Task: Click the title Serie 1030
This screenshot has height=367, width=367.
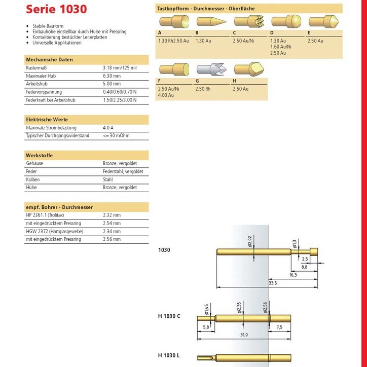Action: click(56, 9)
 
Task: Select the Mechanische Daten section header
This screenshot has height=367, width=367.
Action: click(49, 60)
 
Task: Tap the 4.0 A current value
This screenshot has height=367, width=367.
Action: click(108, 128)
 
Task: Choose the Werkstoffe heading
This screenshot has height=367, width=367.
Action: click(39, 155)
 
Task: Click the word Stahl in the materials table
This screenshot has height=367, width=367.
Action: click(107, 179)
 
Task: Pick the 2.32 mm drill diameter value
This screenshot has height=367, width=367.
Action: click(112, 215)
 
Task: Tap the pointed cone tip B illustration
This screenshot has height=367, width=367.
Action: click(208, 21)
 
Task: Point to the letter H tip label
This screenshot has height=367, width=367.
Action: click(235, 81)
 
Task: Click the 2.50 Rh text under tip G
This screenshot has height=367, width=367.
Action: click(204, 89)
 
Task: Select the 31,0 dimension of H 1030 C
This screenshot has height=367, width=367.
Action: click(244, 335)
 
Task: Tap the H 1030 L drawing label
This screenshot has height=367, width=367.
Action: click(169, 355)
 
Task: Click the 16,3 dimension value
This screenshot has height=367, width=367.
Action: click(293, 274)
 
